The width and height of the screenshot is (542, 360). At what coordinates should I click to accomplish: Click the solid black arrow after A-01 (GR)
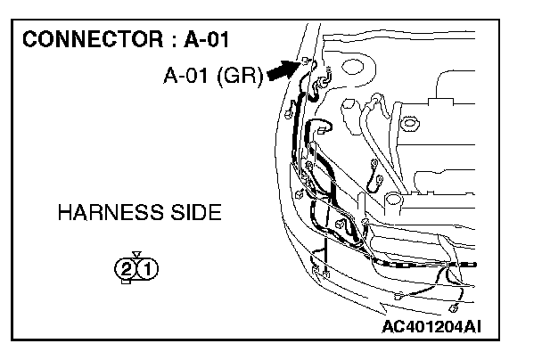pos(282,71)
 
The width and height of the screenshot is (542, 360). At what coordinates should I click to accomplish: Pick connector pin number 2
pos(127,267)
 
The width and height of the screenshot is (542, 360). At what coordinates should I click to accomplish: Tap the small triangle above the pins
pos(135,254)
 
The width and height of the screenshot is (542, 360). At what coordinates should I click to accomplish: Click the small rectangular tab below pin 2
pos(127,282)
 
